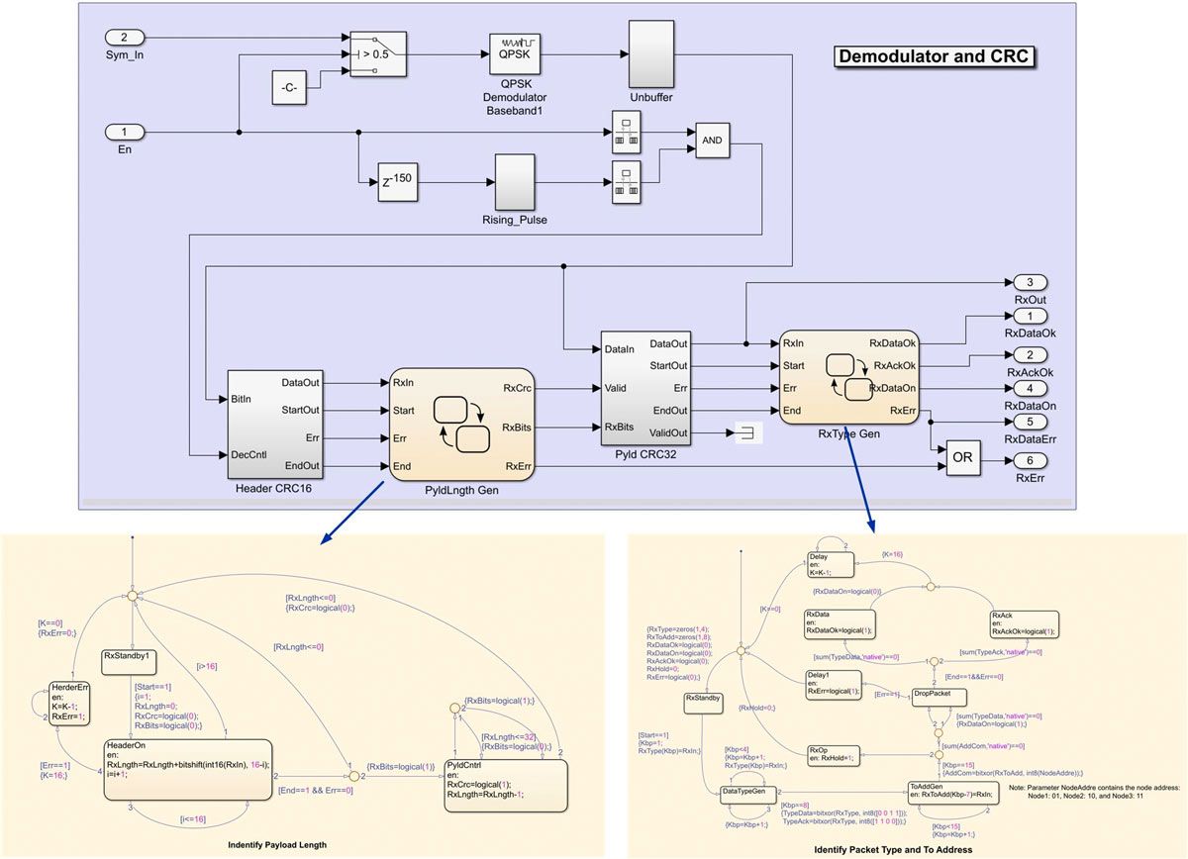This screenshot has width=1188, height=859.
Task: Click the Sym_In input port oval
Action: click(x=125, y=37)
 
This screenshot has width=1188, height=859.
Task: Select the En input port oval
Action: click(x=125, y=132)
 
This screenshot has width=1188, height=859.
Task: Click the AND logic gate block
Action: click(x=712, y=141)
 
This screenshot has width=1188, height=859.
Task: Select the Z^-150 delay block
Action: click(x=395, y=181)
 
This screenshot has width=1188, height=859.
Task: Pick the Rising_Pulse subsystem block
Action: click(x=514, y=182)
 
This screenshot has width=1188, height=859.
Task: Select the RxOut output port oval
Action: click(x=1030, y=283)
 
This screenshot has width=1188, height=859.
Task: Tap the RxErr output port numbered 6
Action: click(x=1030, y=461)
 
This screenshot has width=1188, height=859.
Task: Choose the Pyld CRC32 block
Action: click(x=645, y=389)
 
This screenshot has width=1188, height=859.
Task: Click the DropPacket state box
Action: click(x=932, y=694)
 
